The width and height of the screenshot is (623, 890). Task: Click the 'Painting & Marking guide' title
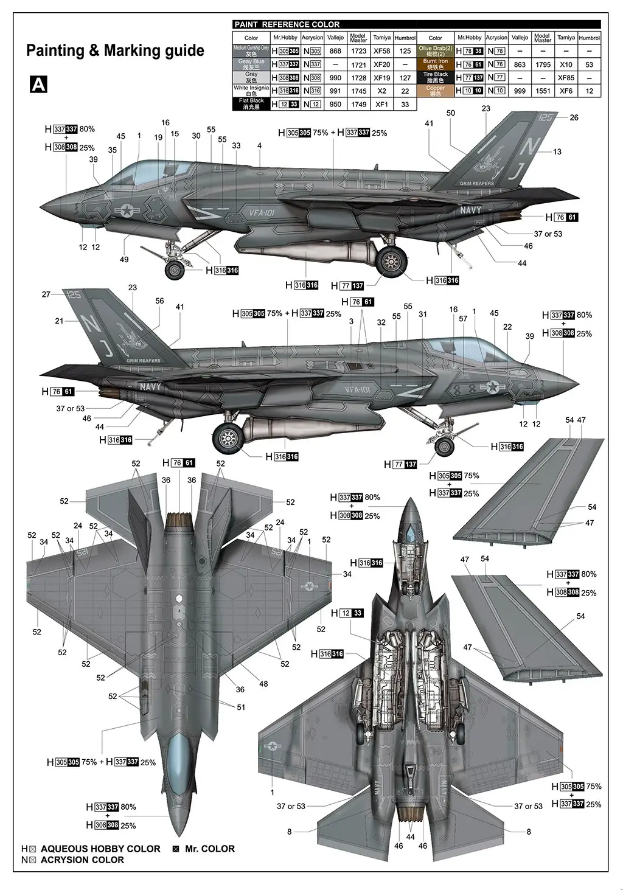(x=115, y=51)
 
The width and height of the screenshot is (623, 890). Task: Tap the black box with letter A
(x=38, y=85)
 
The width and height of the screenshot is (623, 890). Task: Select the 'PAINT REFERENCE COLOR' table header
(x=287, y=24)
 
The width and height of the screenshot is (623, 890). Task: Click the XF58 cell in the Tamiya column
(x=381, y=51)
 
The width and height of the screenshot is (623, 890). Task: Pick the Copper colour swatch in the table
(x=435, y=91)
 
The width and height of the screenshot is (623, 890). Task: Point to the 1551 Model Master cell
(x=543, y=91)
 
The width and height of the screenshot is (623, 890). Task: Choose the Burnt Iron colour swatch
(x=435, y=64)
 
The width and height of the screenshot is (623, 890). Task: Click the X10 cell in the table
(x=566, y=64)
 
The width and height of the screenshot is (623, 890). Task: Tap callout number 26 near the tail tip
(x=574, y=117)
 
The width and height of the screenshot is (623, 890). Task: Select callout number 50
(x=450, y=113)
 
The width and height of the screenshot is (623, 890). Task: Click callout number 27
(x=46, y=294)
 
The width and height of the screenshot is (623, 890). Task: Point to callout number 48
(x=263, y=684)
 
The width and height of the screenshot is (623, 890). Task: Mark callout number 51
(x=241, y=707)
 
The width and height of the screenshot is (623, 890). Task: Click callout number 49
(x=124, y=260)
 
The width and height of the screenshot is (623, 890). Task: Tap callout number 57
(x=463, y=319)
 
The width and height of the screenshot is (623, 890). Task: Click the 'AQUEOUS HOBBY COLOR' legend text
(x=100, y=849)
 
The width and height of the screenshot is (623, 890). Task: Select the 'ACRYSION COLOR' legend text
(x=82, y=860)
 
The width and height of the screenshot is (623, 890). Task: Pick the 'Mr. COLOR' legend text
(x=210, y=849)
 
